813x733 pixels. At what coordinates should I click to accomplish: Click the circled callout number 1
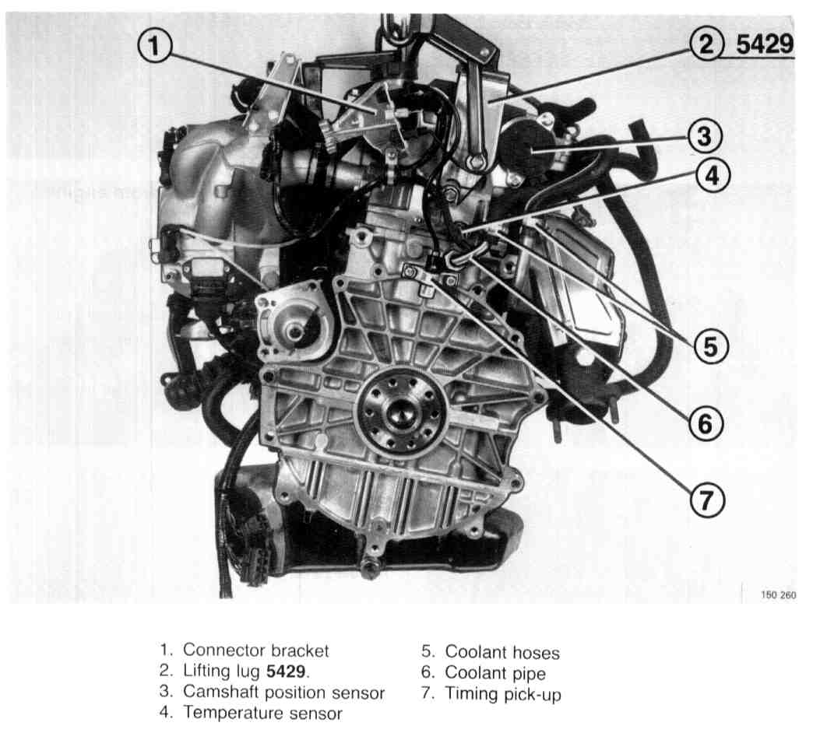[154, 45]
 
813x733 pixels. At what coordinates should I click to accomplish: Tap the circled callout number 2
[706, 44]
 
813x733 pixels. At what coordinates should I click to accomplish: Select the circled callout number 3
[705, 136]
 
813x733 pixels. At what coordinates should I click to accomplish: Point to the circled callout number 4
[713, 175]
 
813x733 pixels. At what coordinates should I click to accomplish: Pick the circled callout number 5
[711, 346]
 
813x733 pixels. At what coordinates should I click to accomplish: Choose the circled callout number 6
[706, 423]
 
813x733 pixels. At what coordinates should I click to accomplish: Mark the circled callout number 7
[707, 500]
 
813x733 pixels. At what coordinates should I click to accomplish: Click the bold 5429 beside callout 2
[765, 44]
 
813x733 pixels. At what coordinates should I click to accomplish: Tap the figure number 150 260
[778, 594]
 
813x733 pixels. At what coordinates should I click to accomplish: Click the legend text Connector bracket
[255, 650]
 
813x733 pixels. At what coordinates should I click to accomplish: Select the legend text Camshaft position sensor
[283, 692]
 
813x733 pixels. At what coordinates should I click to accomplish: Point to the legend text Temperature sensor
[262, 713]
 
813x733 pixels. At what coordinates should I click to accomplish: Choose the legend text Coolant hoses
[502, 652]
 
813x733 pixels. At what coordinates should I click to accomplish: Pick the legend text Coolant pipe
[495, 673]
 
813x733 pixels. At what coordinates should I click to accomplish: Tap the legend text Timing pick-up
[503, 694]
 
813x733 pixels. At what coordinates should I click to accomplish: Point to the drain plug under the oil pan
[369, 569]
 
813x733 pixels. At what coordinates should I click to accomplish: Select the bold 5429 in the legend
[286, 672]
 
